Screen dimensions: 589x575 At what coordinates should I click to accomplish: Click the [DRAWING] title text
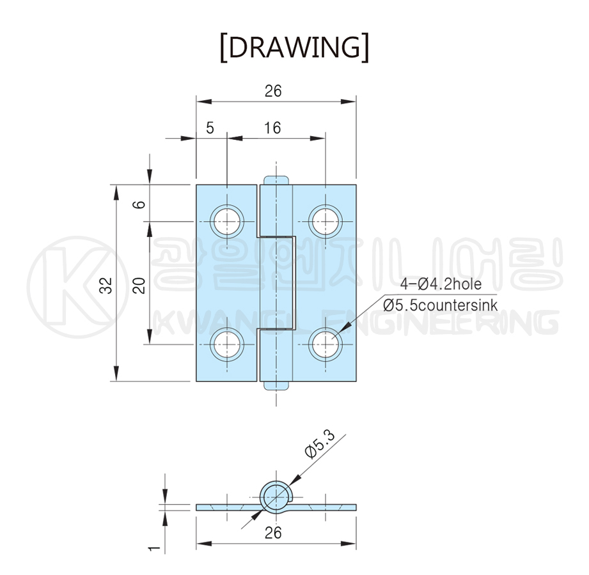(x=294, y=47)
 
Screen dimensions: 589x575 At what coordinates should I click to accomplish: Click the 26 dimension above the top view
(x=273, y=91)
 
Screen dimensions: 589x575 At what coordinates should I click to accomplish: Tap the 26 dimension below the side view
(x=273, y=532)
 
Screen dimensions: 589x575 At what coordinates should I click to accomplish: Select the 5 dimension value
(x=210, y=128)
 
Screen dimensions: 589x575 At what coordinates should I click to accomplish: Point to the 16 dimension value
(x=272, y=128)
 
